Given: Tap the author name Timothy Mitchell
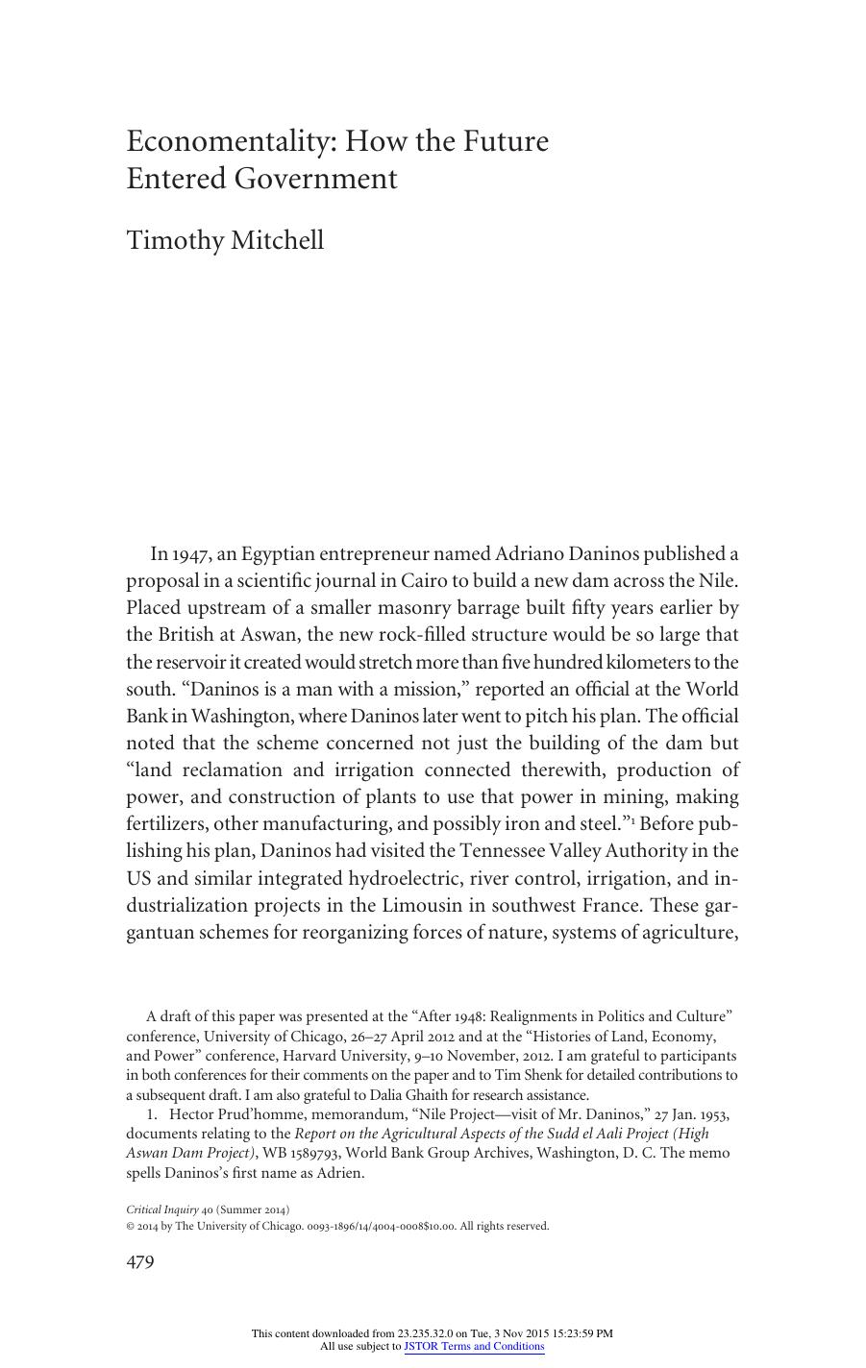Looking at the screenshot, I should pyautogui.click(x=225, y=239).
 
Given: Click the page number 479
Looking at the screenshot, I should pyautogui.click(x=140, y=1261).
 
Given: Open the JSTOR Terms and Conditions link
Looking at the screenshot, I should pyautogui.click(x=474, y=1347).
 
